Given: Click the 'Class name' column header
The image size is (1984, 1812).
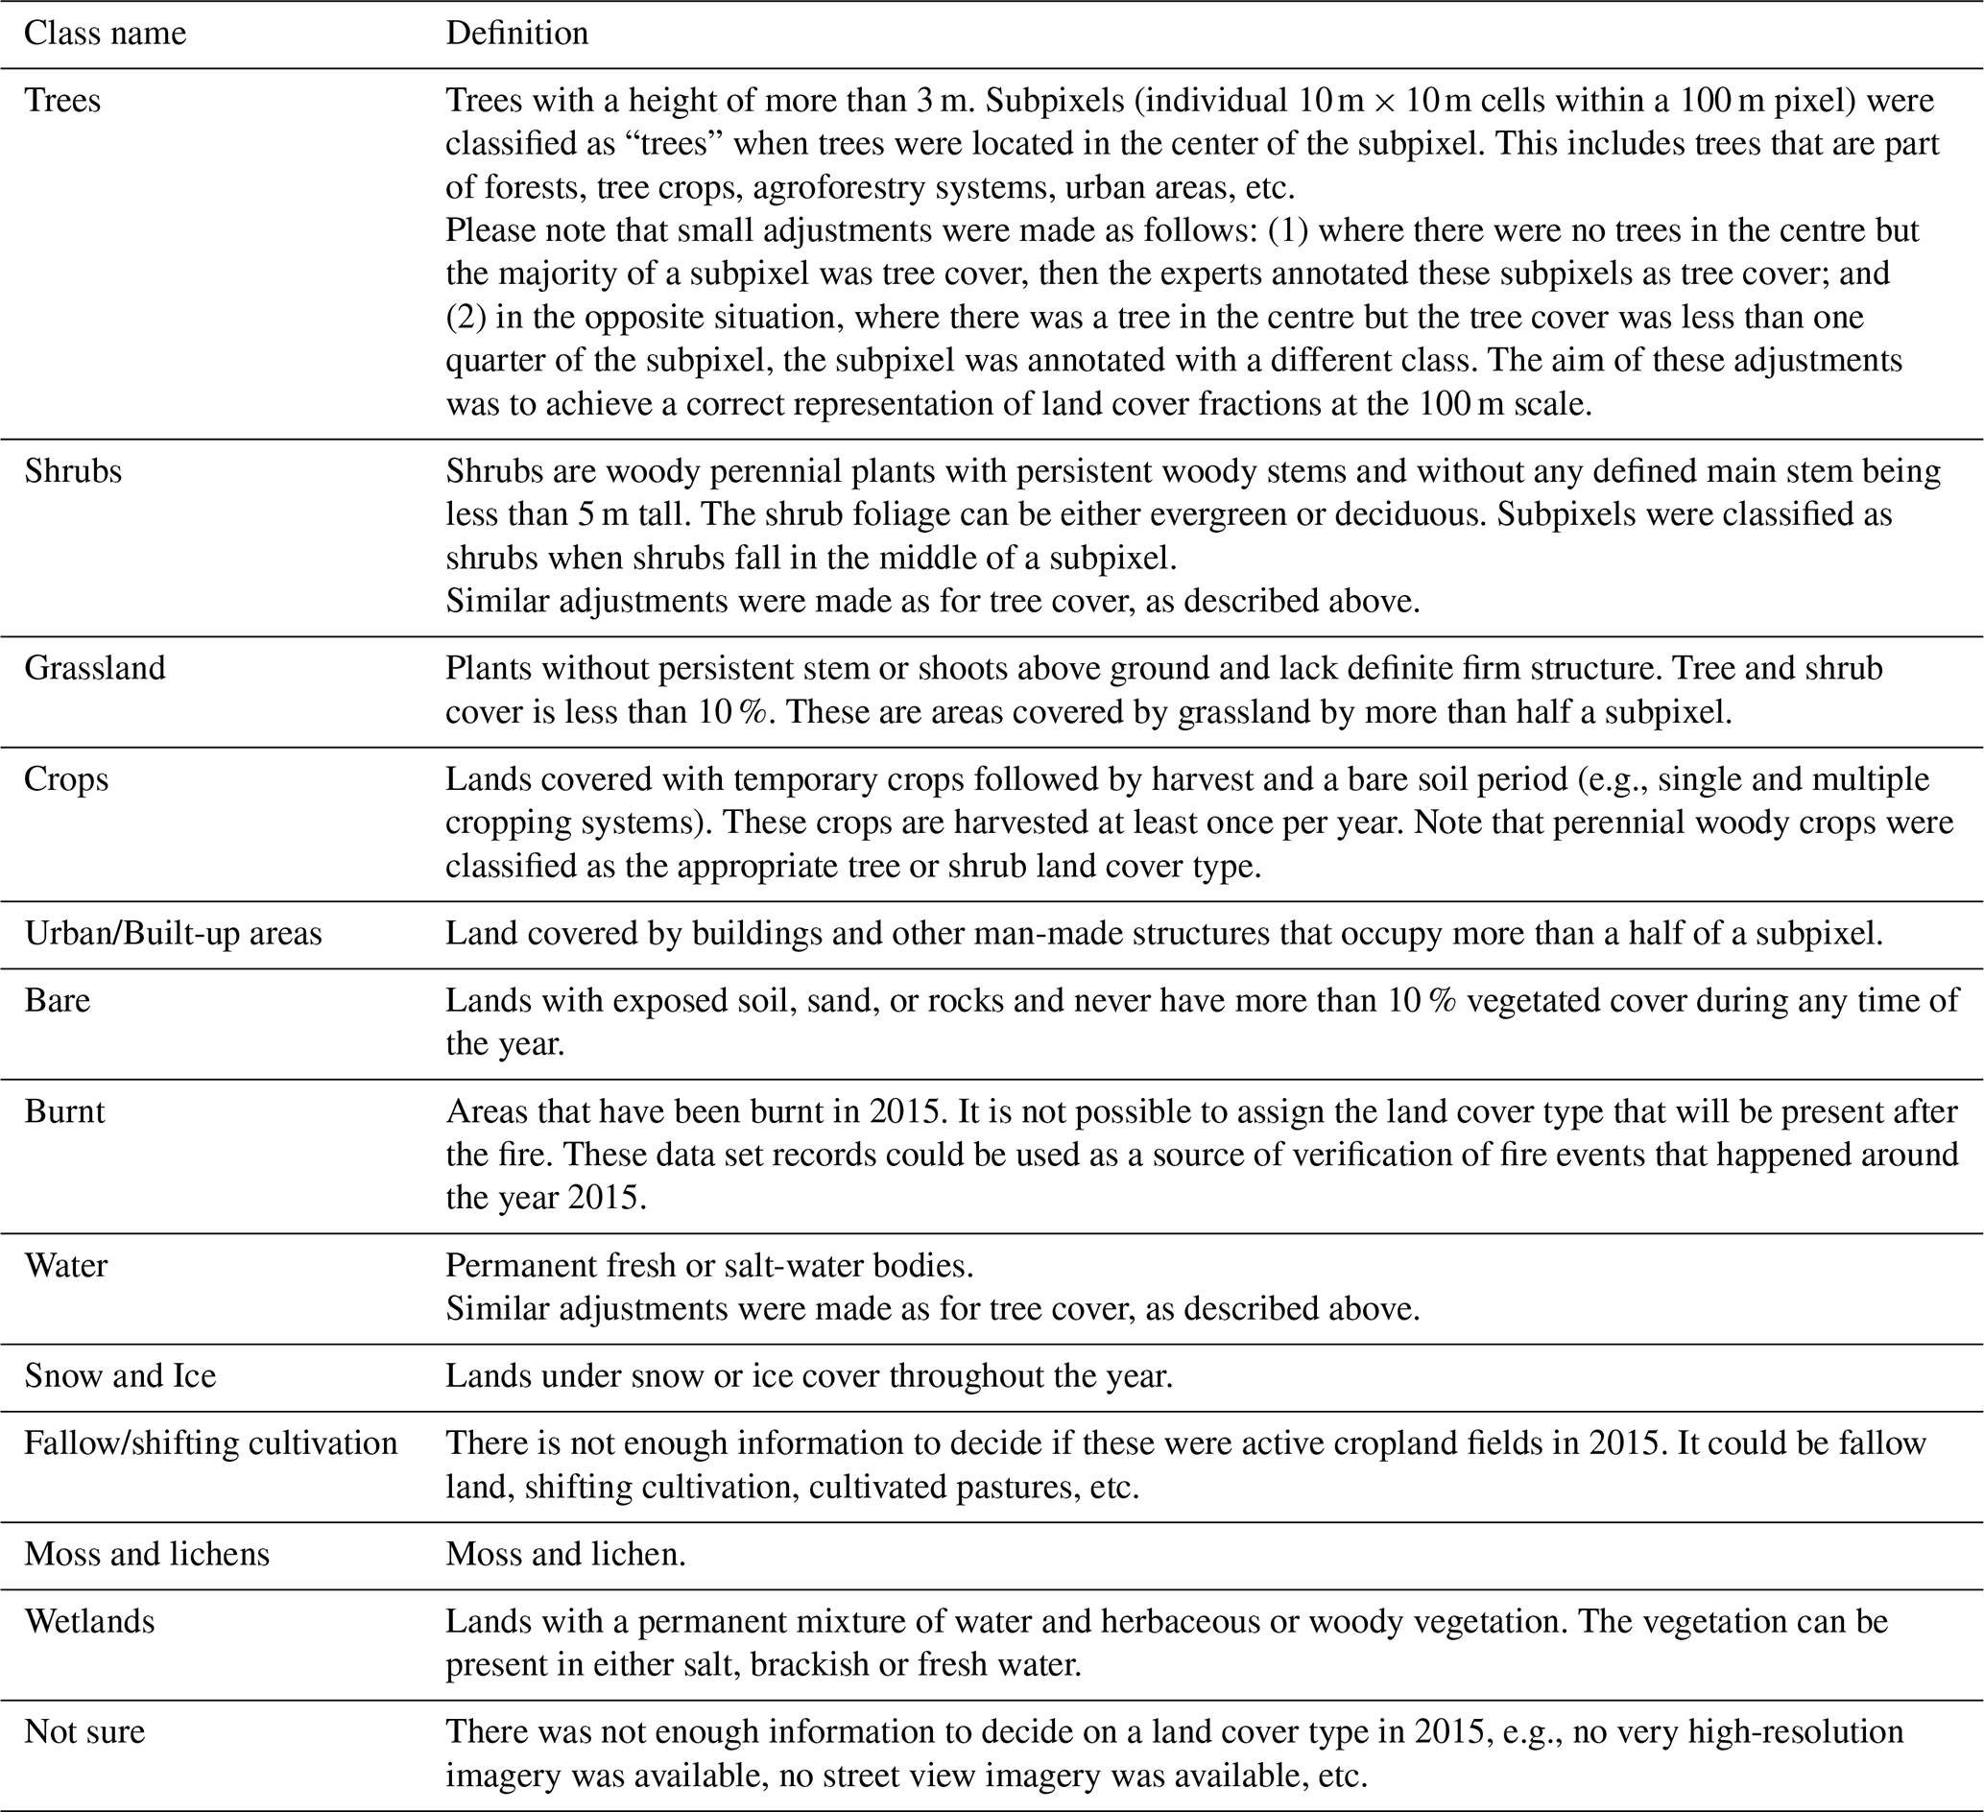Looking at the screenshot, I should click(x=105, y=34).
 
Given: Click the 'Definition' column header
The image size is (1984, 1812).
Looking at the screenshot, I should click(x=516, y=34).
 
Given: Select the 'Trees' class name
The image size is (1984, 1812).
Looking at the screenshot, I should click(x=63, y=101).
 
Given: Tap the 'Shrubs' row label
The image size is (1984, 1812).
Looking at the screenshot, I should click(x=73, y=471).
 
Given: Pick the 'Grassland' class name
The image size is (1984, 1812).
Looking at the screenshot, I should click(x=94, y=668).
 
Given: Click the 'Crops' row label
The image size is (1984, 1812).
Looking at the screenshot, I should click(x=66, y=779).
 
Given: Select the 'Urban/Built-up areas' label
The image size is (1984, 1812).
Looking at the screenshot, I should click(x=173, y=933).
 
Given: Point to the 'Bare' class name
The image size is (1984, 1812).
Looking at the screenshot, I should click(x=57, y=1001).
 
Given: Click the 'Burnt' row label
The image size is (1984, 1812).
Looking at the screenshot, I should click(x=64, y=1112).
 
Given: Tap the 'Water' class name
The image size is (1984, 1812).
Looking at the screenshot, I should click(x=66, y=1266).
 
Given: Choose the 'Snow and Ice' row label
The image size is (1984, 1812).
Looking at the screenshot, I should click(x=120, y=1376).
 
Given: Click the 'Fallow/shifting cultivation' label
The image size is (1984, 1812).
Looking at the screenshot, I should click(x=210, y=1443).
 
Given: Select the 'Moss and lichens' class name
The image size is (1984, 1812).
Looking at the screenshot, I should click(x=147, y=1554).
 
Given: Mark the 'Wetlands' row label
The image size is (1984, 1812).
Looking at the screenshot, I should click(x=89, y=1622).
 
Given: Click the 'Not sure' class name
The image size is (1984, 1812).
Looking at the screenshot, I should click(x=84, y=1732).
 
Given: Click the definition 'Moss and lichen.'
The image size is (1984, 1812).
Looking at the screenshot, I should click(x=565, y=1554).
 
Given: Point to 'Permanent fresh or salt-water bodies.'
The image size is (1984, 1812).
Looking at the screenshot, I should click(x=709, y=1266).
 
